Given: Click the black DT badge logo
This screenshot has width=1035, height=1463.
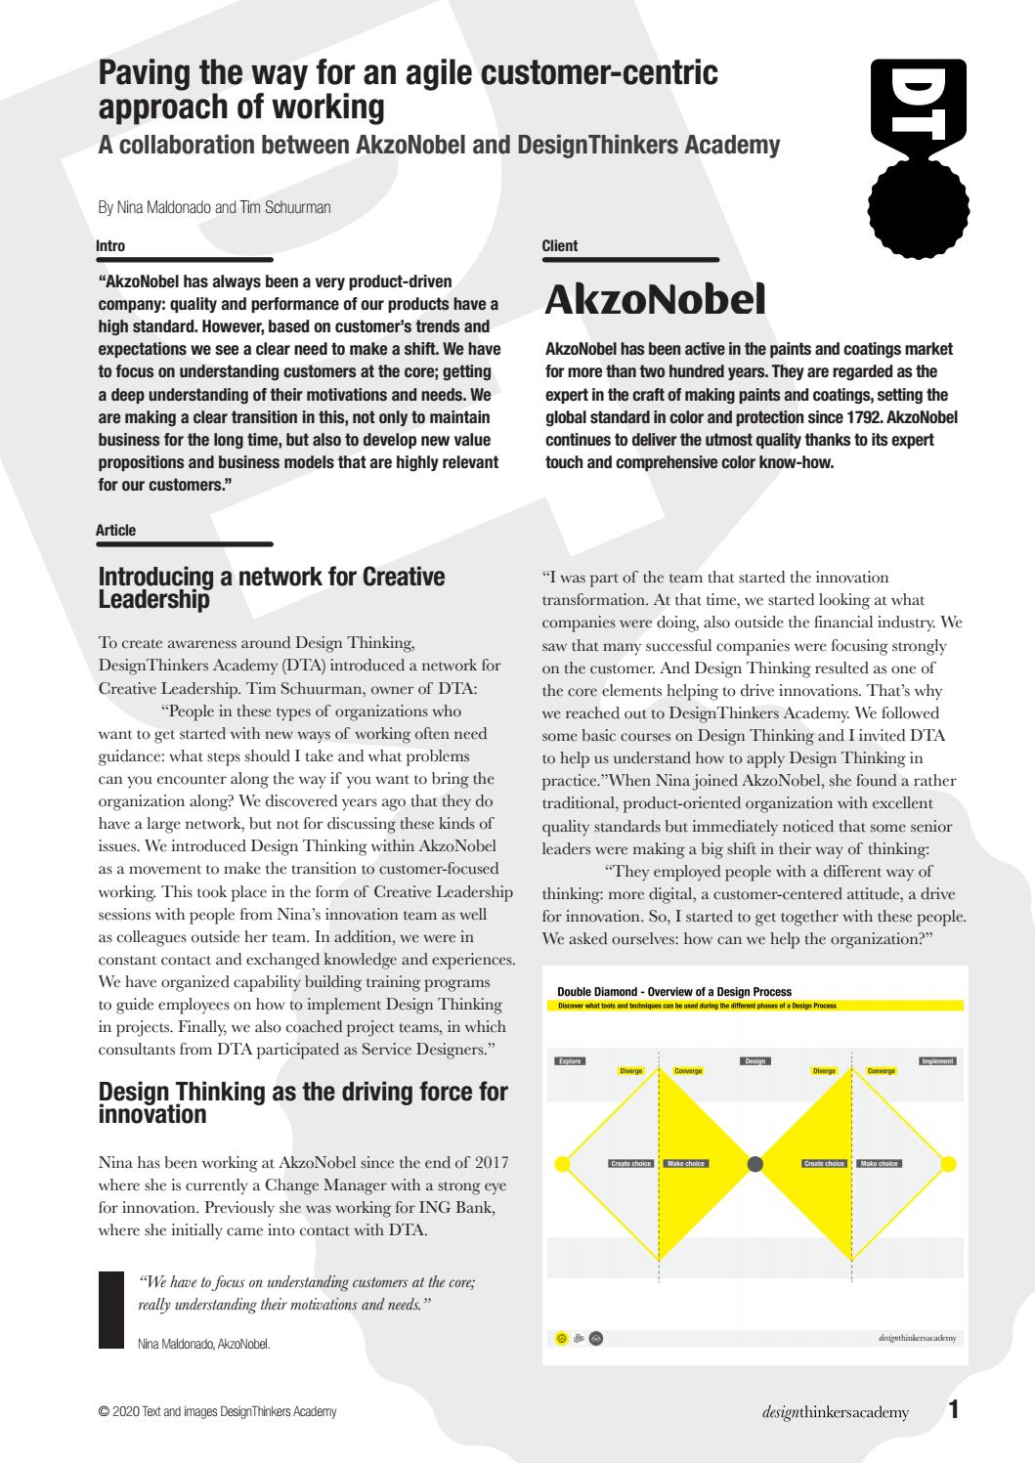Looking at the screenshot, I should pyautogui.click(x=918, y=151).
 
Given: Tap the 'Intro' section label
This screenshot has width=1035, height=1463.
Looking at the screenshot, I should pyautogui.click(x=110, y=246).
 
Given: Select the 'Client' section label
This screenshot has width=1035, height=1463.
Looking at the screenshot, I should pyautogui.click(x=560, y=246).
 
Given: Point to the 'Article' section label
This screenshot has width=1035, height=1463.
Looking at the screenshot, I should pyautogui.click(x=115, y=531).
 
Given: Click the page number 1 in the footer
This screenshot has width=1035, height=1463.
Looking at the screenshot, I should pyautogui.click(x=954, y=1410).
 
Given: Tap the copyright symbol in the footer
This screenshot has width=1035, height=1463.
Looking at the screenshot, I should pyautogui.click(x=104, y=1412).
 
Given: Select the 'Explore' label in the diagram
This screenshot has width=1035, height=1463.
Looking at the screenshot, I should pyautogui.click(x=569, y=1060).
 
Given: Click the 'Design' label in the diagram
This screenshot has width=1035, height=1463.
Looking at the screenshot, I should pyautogui.click(x=755, y=1060).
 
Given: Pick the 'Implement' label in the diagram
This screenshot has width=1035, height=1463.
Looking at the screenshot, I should pyautogui.click(x=937, y=1060).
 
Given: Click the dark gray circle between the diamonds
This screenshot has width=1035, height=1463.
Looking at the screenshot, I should pyautogui.click(x=755, y=1163).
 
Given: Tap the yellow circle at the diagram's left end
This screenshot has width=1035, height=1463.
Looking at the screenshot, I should pyautogui.click(x=562, y=1163).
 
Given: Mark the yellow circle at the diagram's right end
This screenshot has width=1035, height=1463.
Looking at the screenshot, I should pyautogui.click(x=946, y=1163).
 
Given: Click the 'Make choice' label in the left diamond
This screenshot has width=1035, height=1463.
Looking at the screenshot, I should pyautogui.click(x=685, y=1164).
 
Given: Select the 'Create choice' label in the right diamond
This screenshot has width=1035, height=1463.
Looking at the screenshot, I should pyautogui.click(x=824, y=1164).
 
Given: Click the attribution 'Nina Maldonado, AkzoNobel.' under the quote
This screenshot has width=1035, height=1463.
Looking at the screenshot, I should pyautogui.click(x=204, y=1345).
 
